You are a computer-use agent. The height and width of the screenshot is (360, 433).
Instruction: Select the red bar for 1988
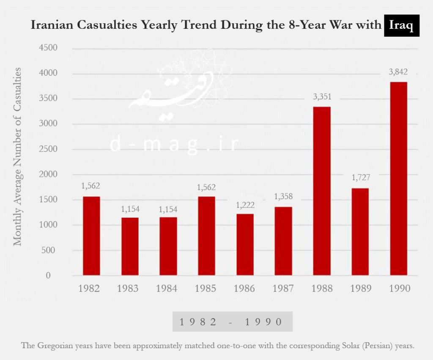pos(321,191)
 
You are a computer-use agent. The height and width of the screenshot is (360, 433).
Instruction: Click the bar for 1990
pos(398,179)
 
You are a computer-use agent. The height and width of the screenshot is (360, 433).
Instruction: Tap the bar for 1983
pos(130,246)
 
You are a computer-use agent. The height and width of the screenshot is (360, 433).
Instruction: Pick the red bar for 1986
pos(245,245)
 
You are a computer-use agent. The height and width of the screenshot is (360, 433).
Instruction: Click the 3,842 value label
pos(398,72)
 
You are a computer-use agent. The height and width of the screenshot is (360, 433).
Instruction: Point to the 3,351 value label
pos(321,97)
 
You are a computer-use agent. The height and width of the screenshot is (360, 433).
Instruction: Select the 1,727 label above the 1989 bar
pos(360,178)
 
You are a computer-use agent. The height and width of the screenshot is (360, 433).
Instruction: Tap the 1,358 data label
pos(283,197)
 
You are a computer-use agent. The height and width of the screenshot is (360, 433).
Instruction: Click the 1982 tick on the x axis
pos(89,289)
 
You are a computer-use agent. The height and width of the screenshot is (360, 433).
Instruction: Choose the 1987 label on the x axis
pos(283,289)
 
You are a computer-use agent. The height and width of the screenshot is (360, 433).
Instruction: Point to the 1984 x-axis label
pos(167,289)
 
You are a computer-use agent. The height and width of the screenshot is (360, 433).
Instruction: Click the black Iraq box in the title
pos(401,25)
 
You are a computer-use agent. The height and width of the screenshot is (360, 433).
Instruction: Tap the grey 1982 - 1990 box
pos(232,322)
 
